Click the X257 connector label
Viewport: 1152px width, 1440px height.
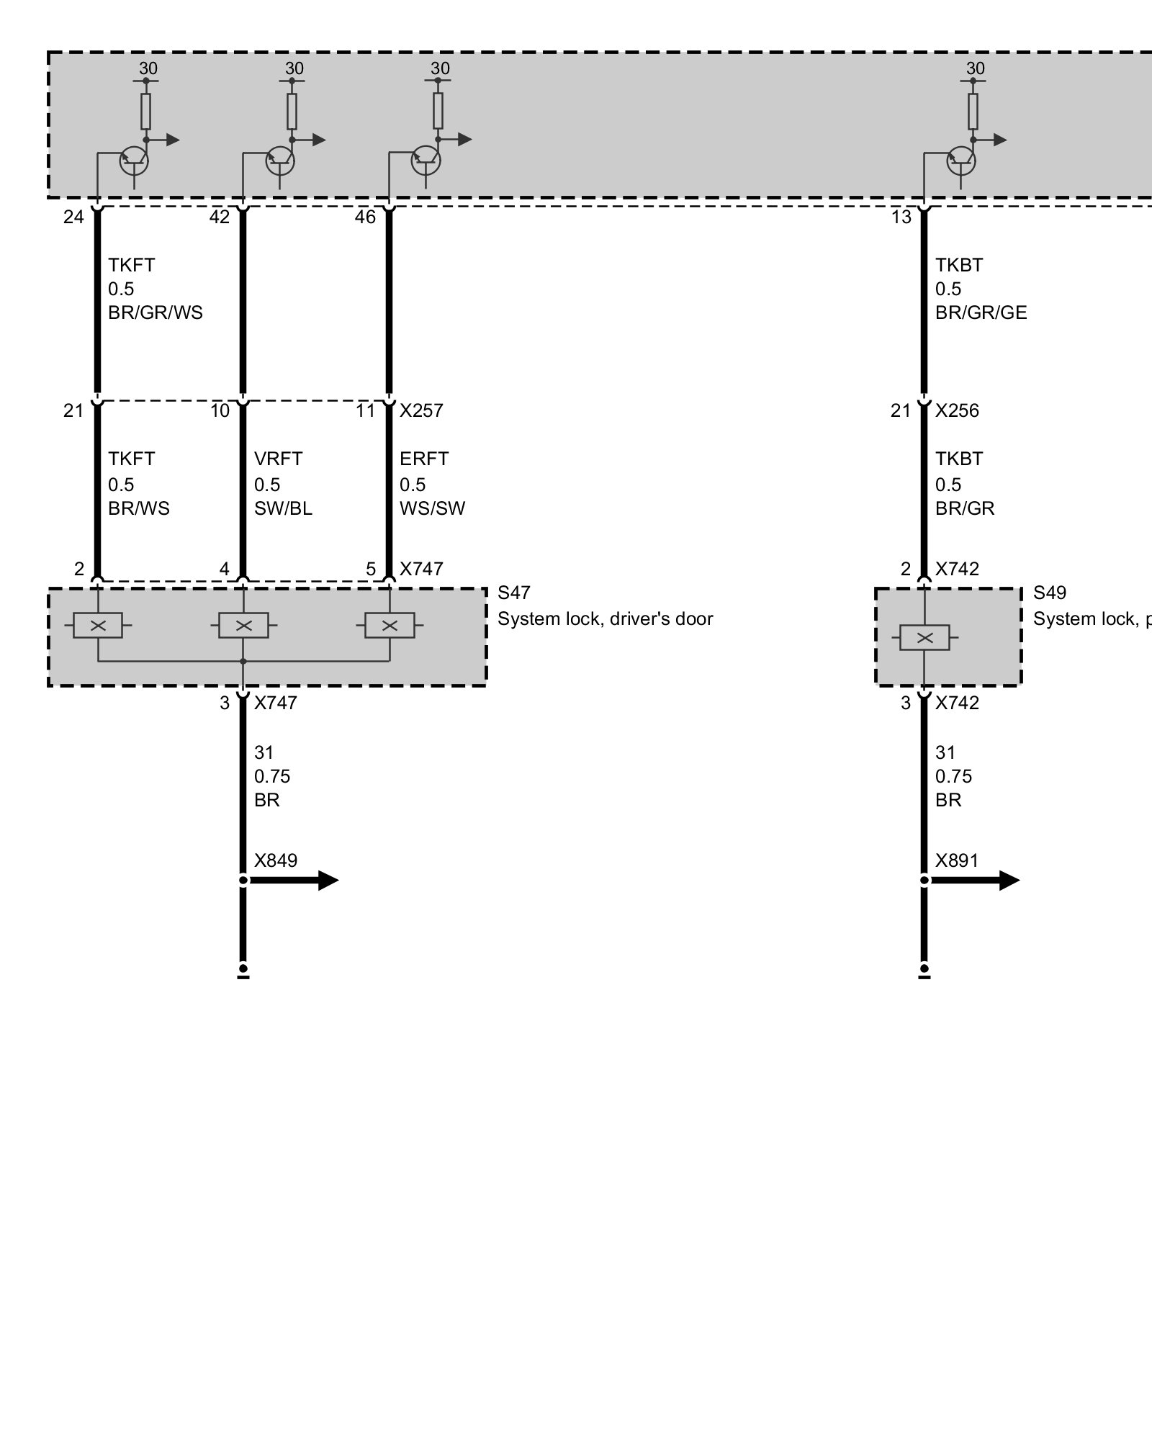421,411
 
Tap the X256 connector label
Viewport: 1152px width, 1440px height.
957,411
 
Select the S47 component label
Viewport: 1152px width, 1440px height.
513,593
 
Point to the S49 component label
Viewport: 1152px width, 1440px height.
1049,593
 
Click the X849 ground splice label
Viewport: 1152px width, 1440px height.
276,860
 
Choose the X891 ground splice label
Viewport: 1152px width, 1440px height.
957,860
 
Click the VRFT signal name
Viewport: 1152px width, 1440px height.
278,459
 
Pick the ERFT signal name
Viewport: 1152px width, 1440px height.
424,459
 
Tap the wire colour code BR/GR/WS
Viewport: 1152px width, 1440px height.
156,312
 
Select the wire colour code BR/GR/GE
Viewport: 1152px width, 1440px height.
981,312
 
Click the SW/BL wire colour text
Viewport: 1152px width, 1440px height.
283,508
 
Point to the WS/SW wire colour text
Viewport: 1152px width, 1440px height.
432,508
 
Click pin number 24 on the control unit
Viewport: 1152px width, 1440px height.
73,217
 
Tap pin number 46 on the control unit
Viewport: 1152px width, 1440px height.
365,217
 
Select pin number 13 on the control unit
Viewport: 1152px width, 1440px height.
901,217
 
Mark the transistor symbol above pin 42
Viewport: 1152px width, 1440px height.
280,161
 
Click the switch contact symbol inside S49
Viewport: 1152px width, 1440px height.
925,638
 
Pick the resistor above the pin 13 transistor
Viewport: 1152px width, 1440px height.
973,111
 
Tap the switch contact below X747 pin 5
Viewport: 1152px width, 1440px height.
390,626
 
